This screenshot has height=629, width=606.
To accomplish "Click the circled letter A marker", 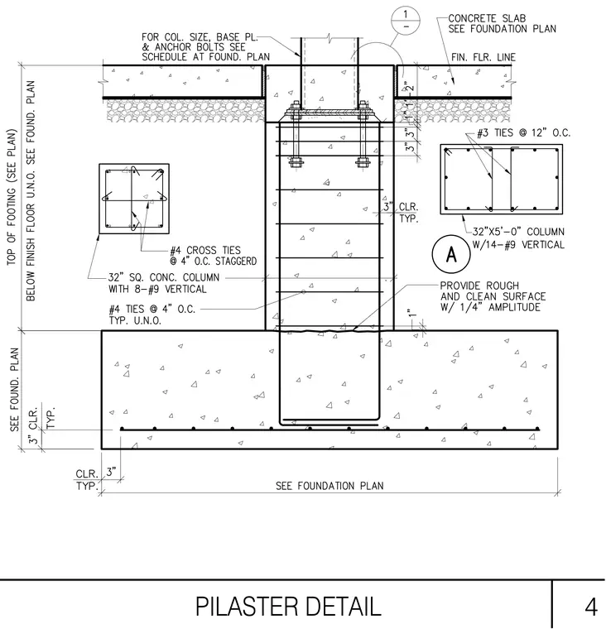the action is point(451,254).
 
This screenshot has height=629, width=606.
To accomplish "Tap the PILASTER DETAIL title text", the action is point(288,607).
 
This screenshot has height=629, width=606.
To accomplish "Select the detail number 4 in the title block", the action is point(591,607).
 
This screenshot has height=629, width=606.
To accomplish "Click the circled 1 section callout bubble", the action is point(406,21).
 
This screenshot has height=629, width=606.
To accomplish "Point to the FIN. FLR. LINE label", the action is point(483,57).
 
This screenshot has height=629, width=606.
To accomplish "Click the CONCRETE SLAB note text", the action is point(502,24).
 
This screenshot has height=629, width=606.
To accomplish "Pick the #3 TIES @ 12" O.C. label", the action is point(523,132).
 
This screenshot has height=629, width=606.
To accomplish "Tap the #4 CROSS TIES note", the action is point(213,256).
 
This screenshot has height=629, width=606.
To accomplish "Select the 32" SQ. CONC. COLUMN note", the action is point(164,283).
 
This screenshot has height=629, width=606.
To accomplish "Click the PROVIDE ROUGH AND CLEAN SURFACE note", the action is point(493,296).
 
